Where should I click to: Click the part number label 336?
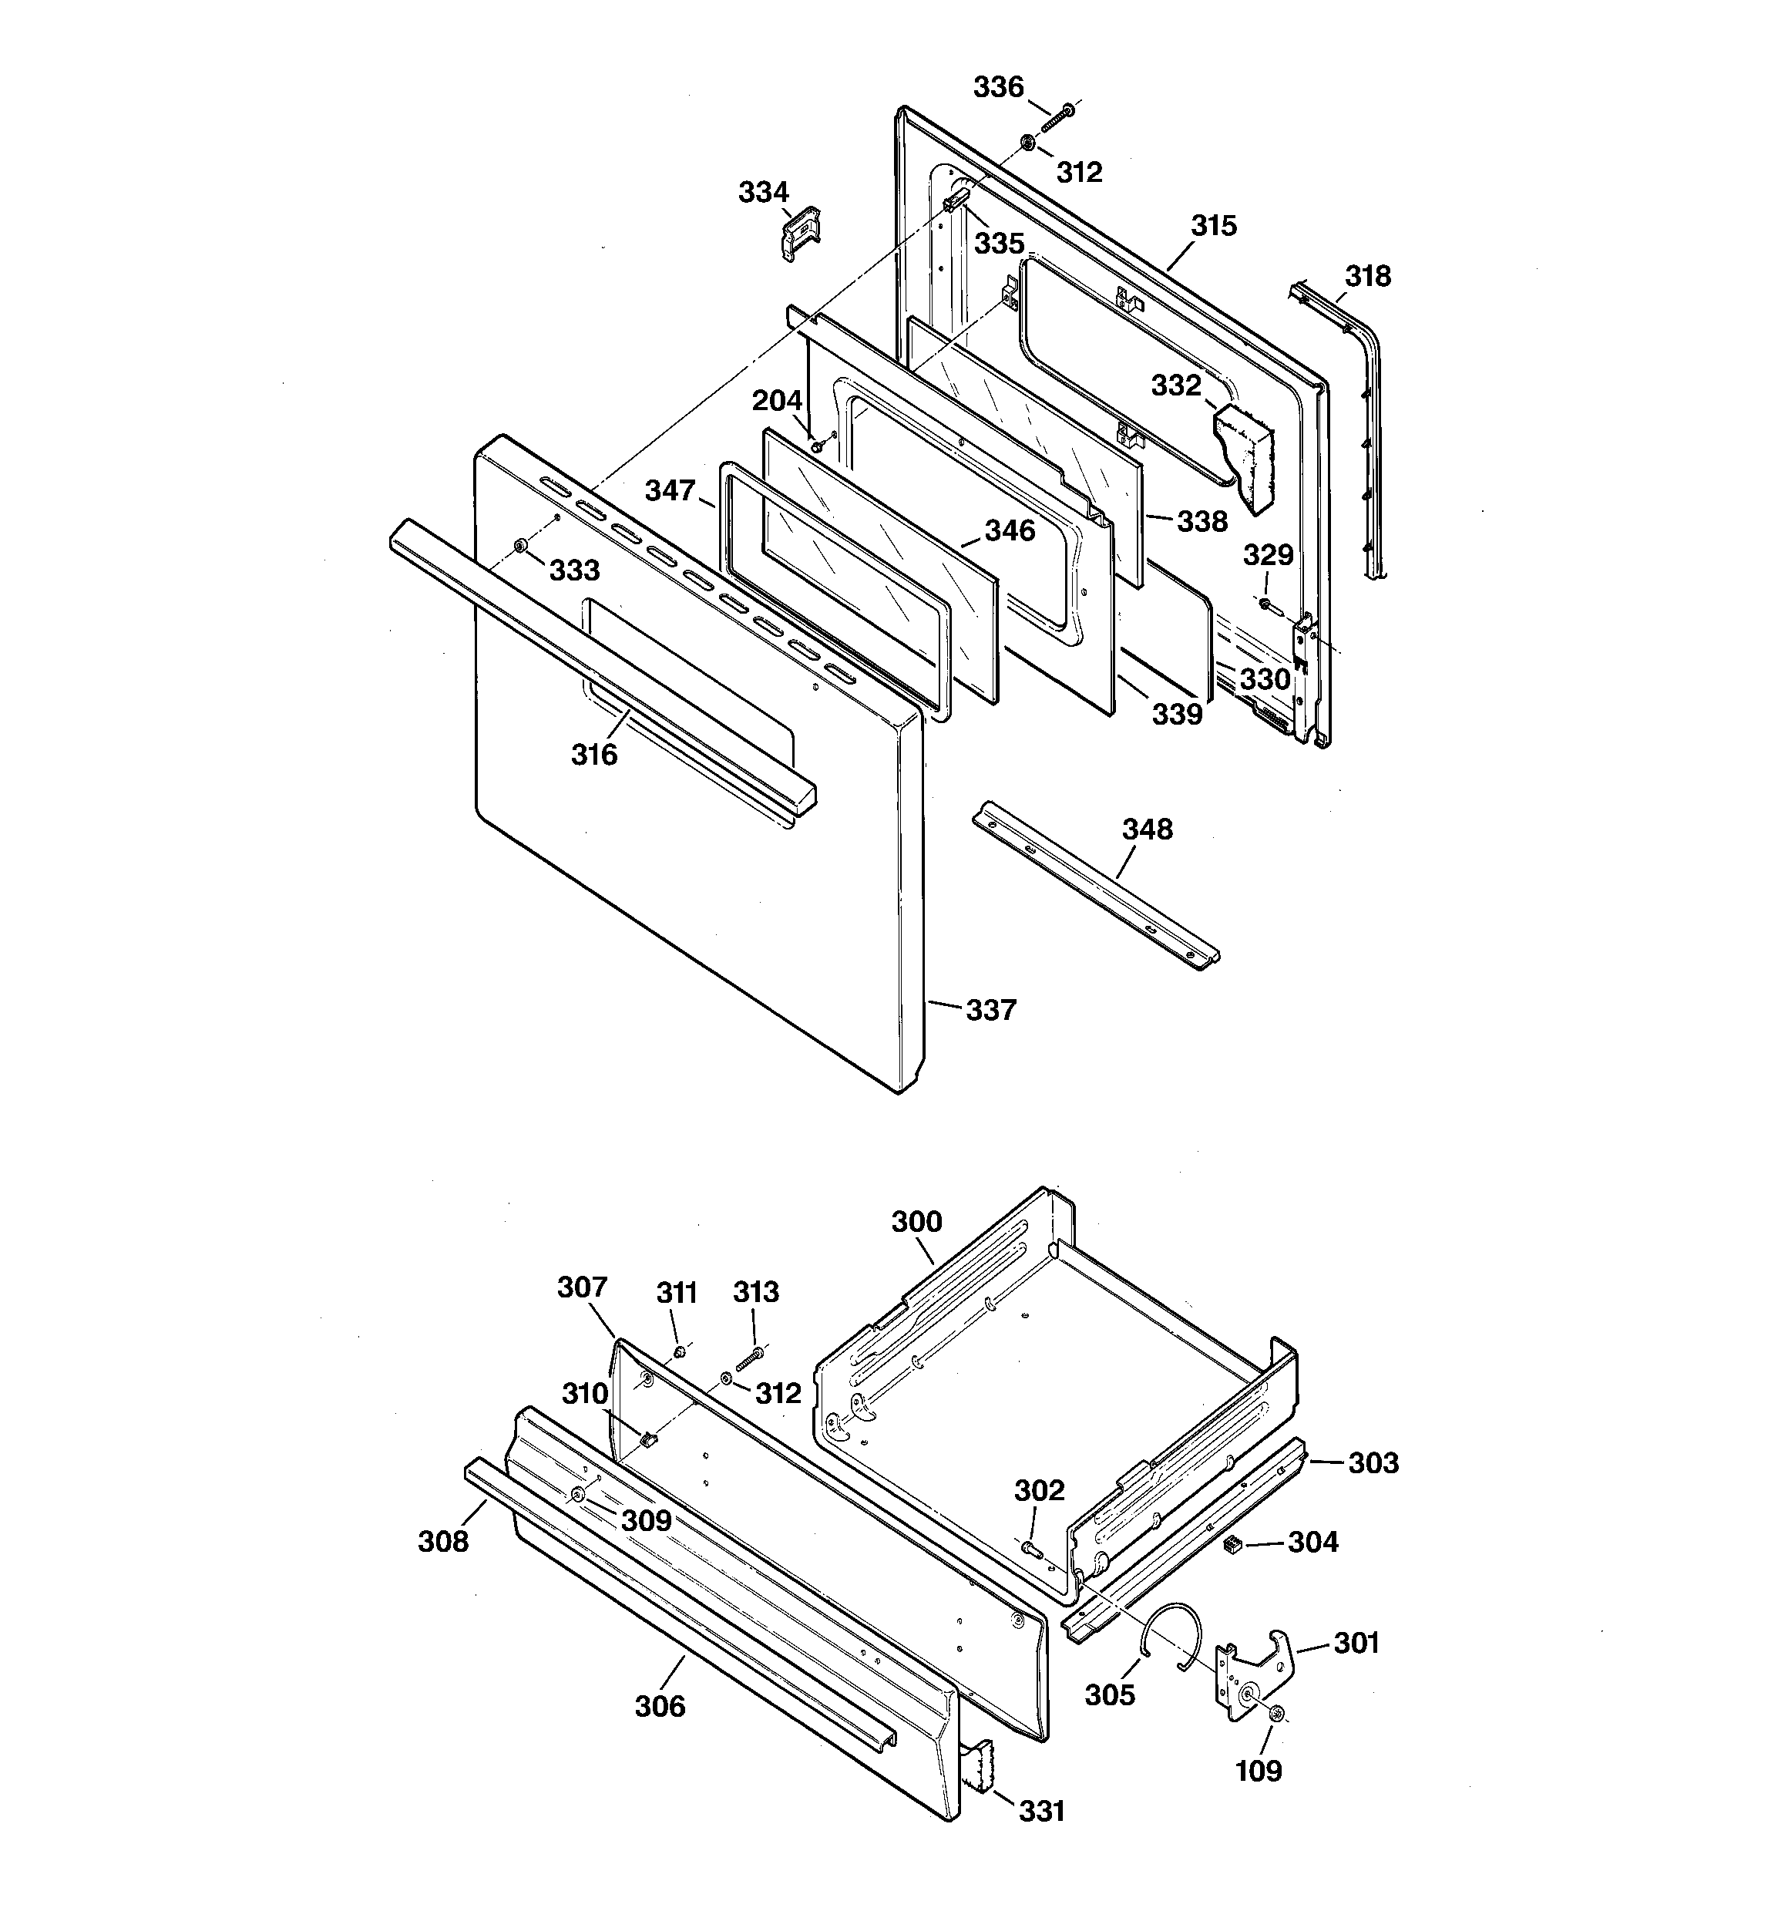click(998, 87)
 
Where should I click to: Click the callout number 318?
click(1366, 277)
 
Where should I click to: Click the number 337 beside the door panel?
click(990, 1010)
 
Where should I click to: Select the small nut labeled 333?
click(519, 546)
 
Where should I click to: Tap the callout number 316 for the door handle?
click(594, 755)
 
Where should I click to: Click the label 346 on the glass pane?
click(1010, 530)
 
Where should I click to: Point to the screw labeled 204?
click(817, 446)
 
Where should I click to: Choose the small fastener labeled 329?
click(1265, 604)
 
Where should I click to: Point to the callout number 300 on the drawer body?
click(916, 1222)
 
